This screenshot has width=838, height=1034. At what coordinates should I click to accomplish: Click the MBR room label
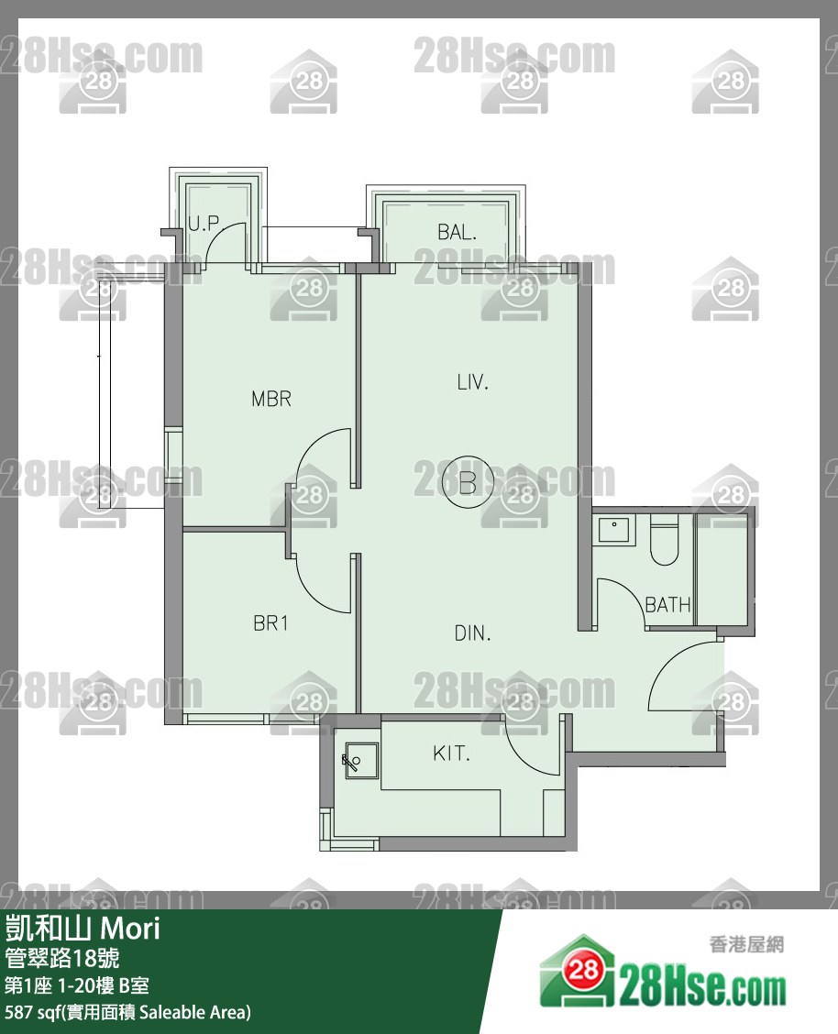coord(271,399)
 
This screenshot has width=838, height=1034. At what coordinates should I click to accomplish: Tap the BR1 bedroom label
coord(270,623)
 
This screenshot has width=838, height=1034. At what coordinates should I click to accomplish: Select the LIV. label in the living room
coord(473,382)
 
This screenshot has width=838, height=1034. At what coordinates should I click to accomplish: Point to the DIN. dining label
coord(473,633)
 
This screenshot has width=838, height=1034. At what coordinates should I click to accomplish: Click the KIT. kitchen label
coord(452,753)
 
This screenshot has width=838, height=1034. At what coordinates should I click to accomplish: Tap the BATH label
coord(667,605)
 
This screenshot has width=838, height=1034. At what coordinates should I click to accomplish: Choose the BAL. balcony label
coord(457,232)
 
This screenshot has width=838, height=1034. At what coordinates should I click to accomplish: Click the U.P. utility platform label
coord(204,224)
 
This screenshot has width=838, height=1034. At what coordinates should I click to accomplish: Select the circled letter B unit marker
coord(468,482)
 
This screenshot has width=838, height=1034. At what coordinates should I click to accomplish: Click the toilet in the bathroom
coord(664,541)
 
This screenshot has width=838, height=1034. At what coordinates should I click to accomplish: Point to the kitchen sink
coord(361,760)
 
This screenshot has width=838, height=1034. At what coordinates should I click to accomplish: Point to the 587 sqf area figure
coord(33,1012)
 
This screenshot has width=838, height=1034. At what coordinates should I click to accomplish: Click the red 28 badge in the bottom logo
coord(583,970)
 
